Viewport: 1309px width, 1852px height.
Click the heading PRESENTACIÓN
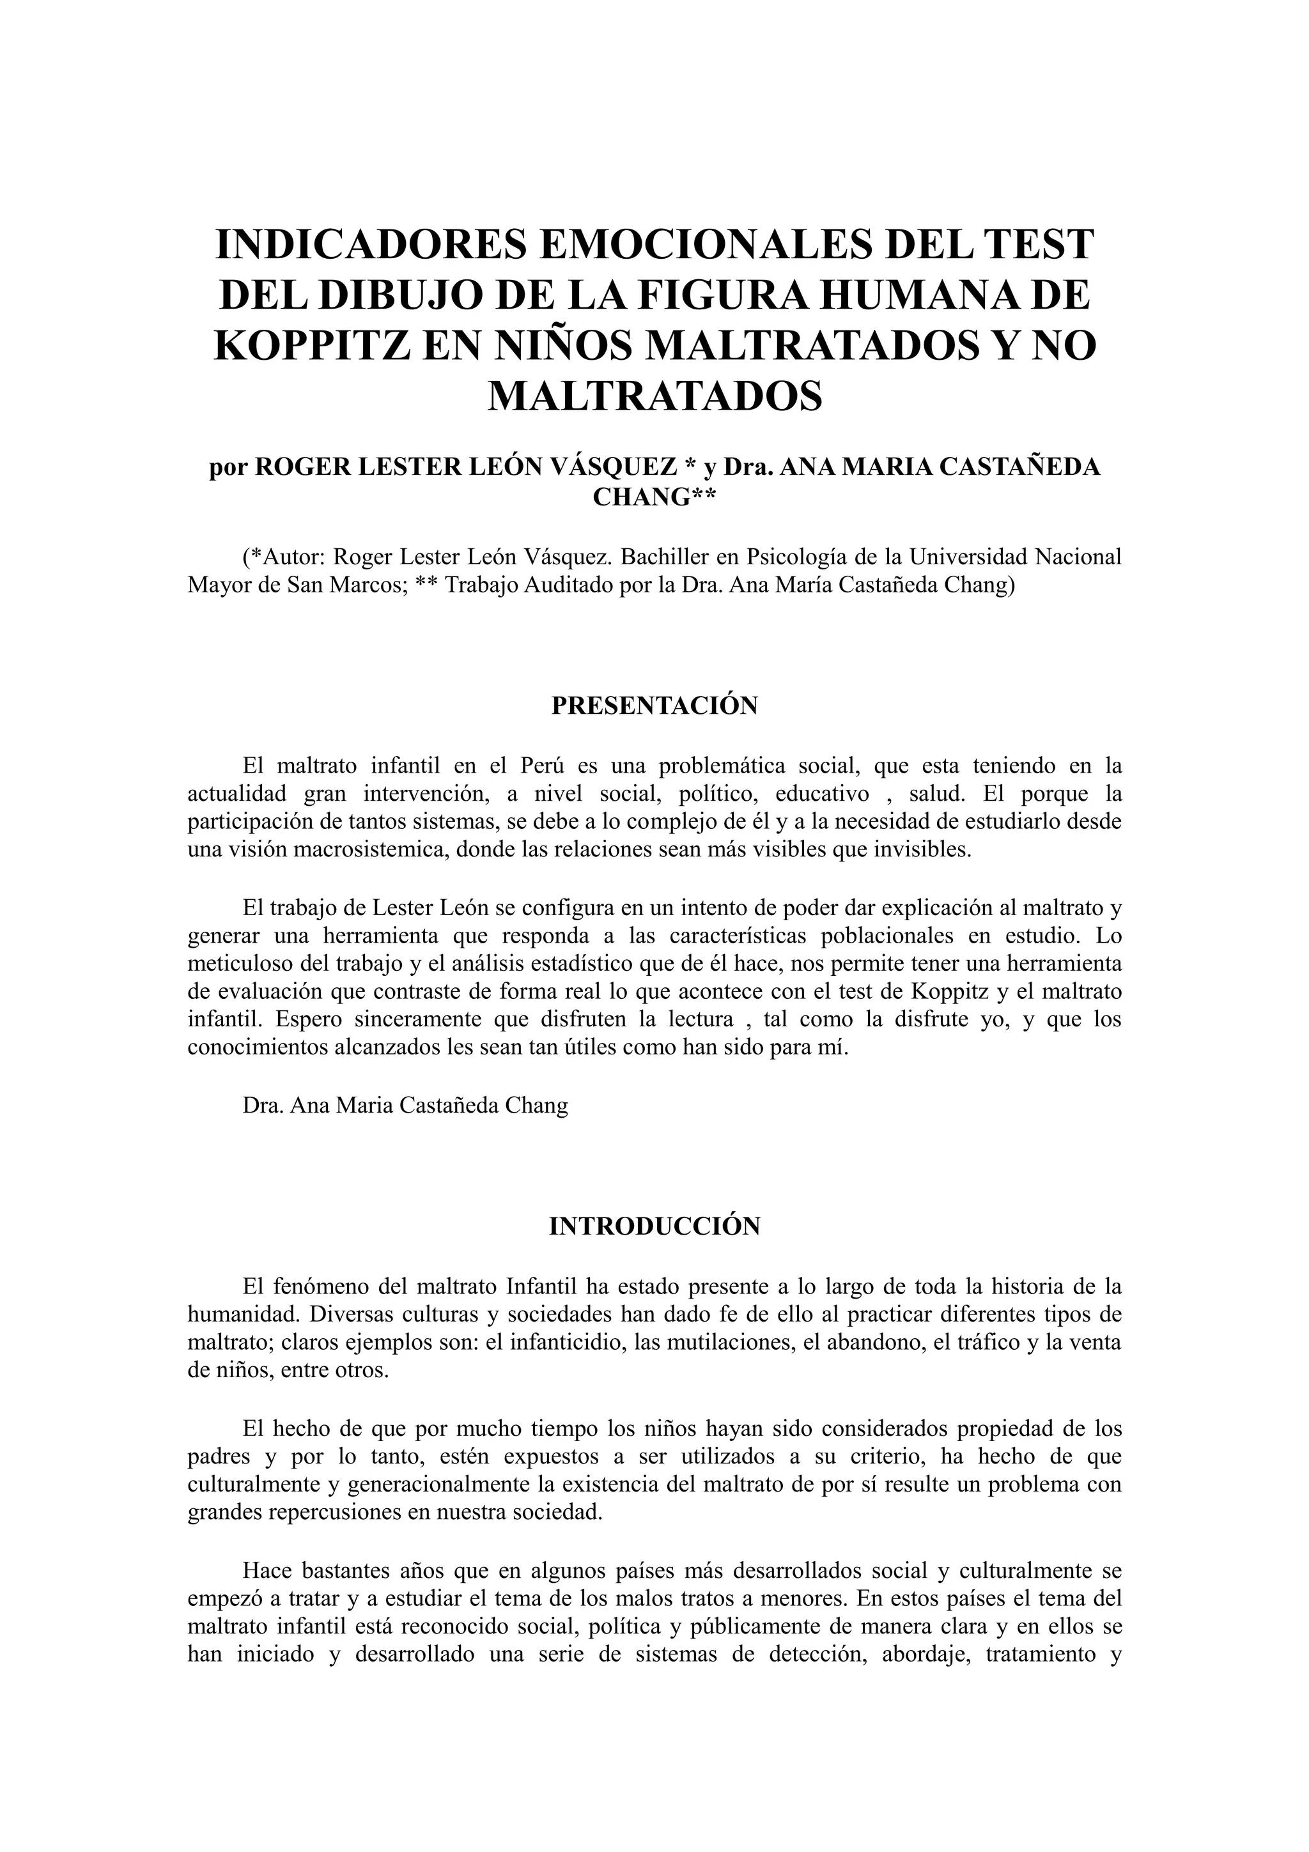pyautogui.click(x=654, y=706)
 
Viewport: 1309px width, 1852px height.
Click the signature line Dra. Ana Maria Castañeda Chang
pyautogui.click(x=405, y=1105)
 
